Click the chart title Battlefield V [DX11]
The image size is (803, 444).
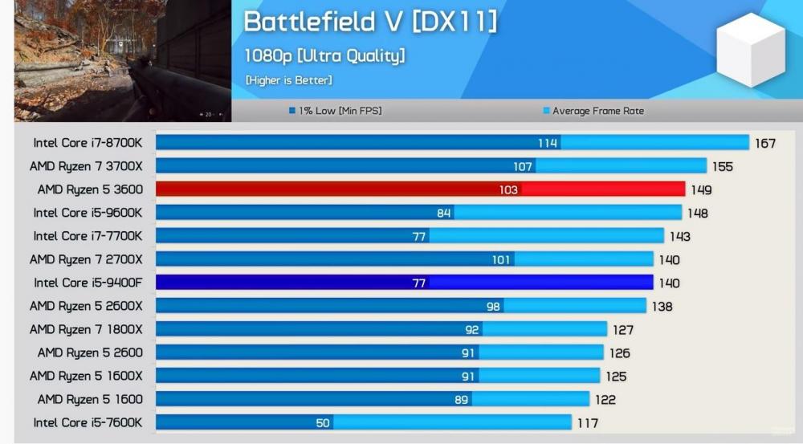coord(370,22)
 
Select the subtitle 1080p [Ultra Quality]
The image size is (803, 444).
coord(324,55)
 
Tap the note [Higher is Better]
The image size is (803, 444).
coord(288,80)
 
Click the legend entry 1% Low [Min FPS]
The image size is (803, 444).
coord(335,111)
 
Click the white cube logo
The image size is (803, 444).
coord(750,50)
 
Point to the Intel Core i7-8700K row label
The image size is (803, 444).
coord(88,143)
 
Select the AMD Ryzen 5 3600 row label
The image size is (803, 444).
coord(89,189)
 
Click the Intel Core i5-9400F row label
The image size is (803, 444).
coord(88,283)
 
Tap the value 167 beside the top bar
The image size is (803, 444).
coord(764,144)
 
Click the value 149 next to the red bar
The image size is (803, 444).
coord(700,190)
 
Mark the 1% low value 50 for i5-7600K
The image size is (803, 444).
coord(322,423)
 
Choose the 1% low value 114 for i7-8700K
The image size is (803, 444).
coord(548,144)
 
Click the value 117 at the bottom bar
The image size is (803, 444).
coord(586,423)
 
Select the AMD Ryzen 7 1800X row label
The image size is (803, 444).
coord(86,329)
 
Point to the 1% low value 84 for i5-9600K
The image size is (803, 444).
coord(443,214)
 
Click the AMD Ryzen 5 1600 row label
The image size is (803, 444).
coord(89,399)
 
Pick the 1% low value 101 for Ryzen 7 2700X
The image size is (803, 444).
coord(502,260)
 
